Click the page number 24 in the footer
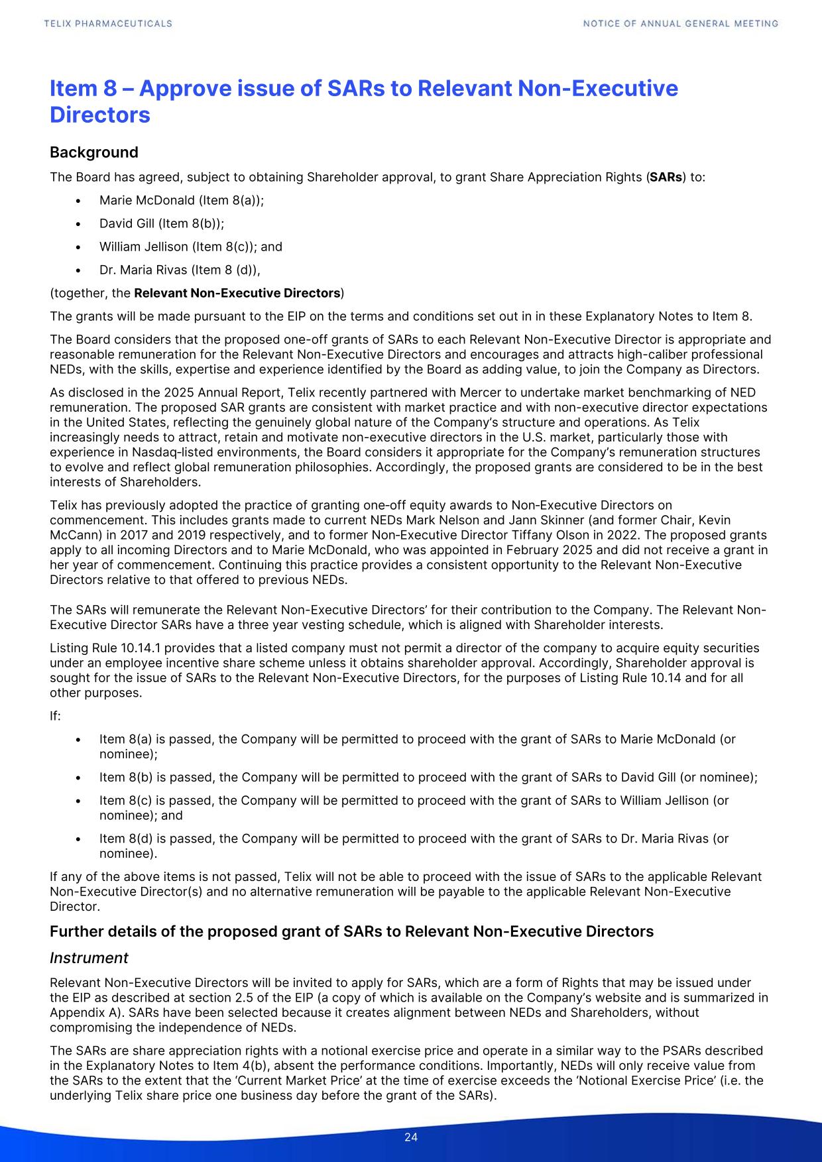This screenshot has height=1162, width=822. [411, 1137]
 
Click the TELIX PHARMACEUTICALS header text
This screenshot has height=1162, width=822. [108, 23]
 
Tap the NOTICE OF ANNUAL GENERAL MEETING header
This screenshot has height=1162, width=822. [680, 23]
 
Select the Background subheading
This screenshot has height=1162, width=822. [94, 152]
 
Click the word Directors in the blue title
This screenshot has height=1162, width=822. [100, 115]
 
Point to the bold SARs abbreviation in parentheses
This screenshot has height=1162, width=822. [666, 178]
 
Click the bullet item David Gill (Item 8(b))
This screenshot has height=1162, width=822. [162, 223]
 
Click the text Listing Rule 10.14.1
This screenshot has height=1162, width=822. [99, 648]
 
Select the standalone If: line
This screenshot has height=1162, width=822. [56, 716]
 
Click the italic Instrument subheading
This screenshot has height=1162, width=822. [89, 958]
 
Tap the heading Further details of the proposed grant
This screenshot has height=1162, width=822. [351, 931]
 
